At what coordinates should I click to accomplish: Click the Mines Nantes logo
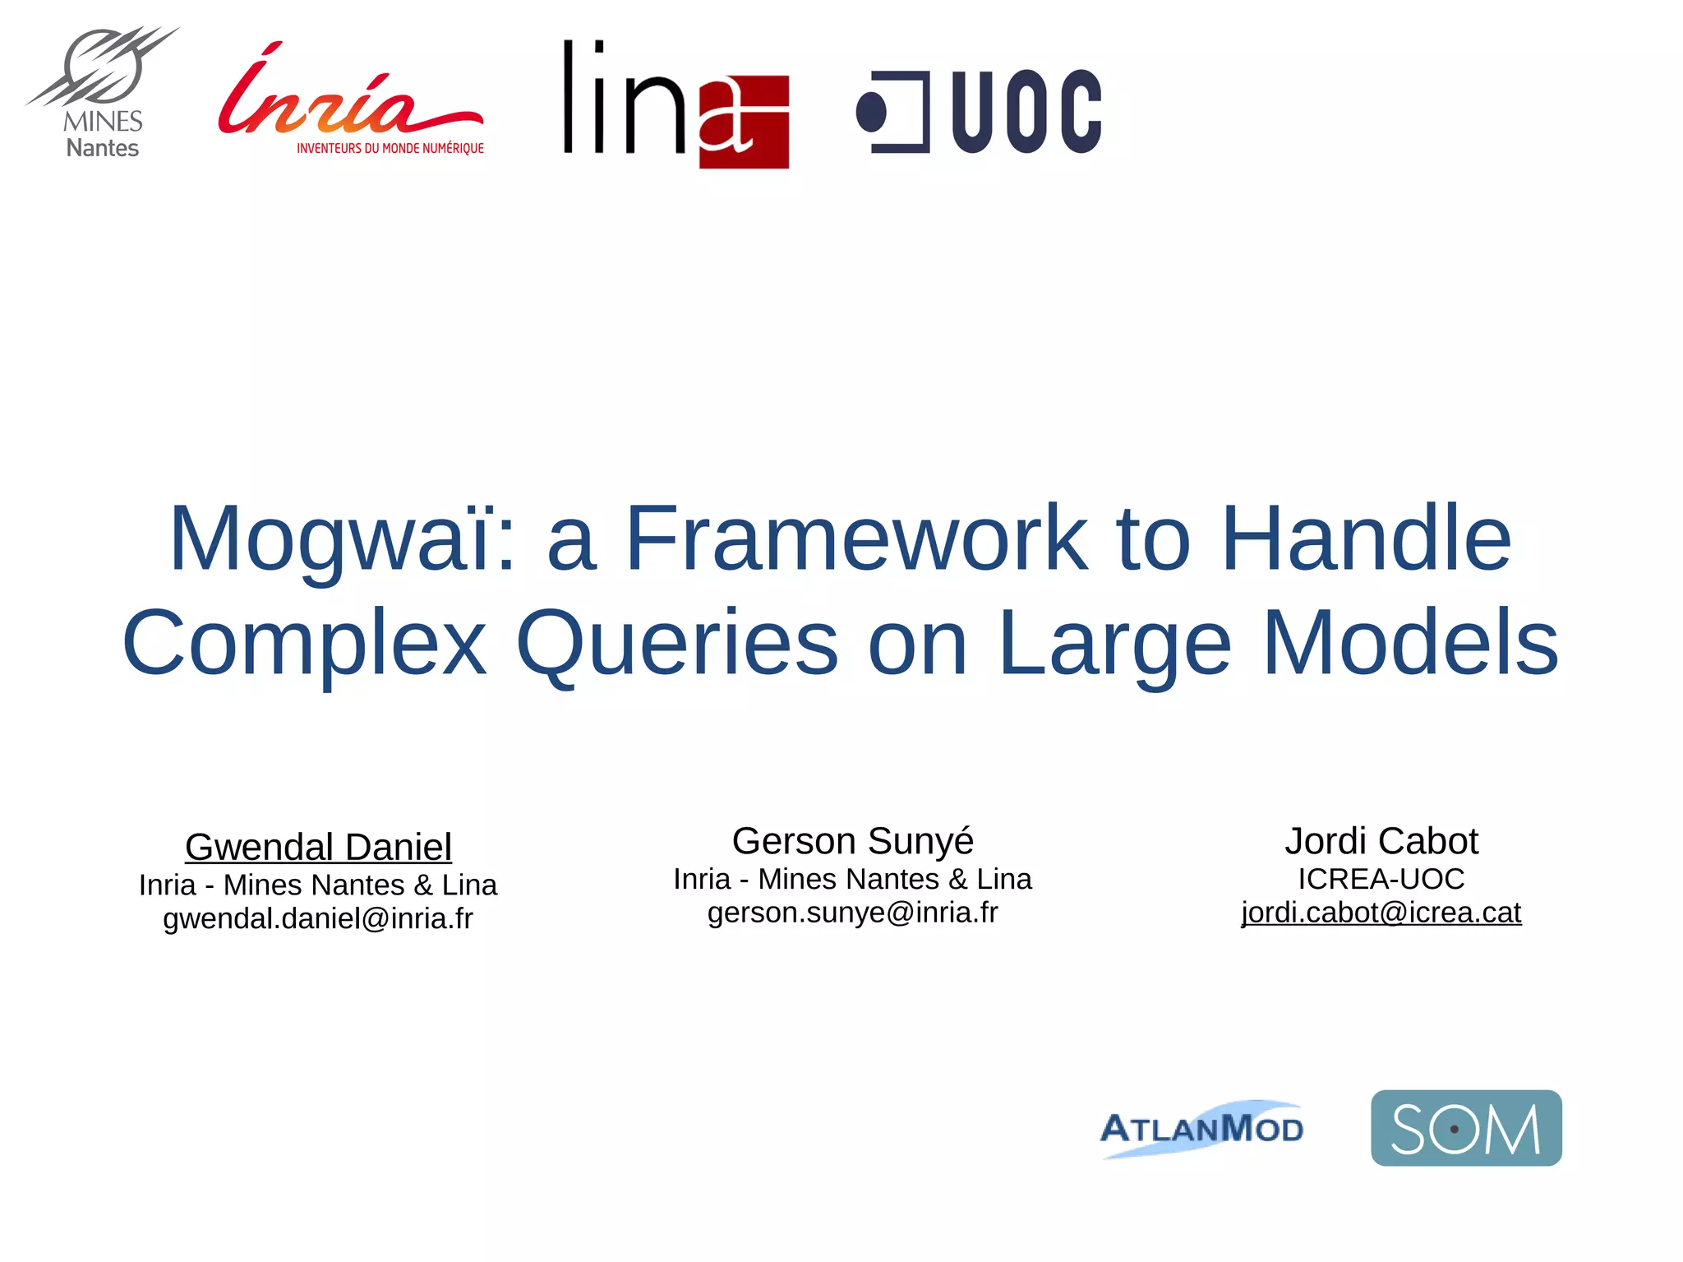pyautogui.click(x=102, y=92)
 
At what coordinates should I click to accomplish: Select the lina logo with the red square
pyautogui.click(x=676, y=104)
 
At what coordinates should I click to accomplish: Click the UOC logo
pyautogui.click(x=979, y=112)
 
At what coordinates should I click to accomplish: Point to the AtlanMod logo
pyautogui.click(x=1201, y=1128)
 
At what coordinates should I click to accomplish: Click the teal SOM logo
pyautogui.click(x=1465, y=1127)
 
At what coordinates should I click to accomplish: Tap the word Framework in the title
pyautogui.click(x=855, y=539)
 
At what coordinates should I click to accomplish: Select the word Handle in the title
pyautogui.click(x=1366, y=539)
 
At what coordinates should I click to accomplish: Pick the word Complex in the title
pyautogui.click(x=304, y=643)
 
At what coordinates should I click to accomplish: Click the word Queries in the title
pyautogui.click(x=677, y=643)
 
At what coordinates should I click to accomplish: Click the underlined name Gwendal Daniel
pyautogui.click(x=318, y=847)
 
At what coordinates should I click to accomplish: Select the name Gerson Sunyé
pyautogui.click(x=852, y=841)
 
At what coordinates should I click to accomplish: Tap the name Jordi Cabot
pyautogui.click(x=1381, y=841)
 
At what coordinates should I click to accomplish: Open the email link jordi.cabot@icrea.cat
pyautogui.click(x=1381, y=913)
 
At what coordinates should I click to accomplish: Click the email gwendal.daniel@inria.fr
pyautogui.click(x=318, y=918)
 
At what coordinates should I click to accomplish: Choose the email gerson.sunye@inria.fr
pyautogui.click(x=852, y=913)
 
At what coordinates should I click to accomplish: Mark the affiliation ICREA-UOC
pyautogui.click(x=1381, y=879)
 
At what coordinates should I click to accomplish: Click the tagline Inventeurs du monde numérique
pyautogui.click(x=390, y=149)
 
